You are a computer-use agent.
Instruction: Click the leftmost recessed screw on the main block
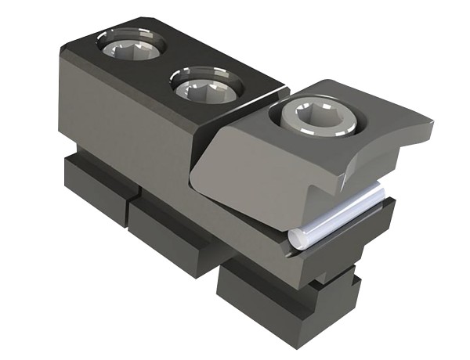(131, 46)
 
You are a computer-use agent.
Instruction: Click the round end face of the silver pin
(295, 239)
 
